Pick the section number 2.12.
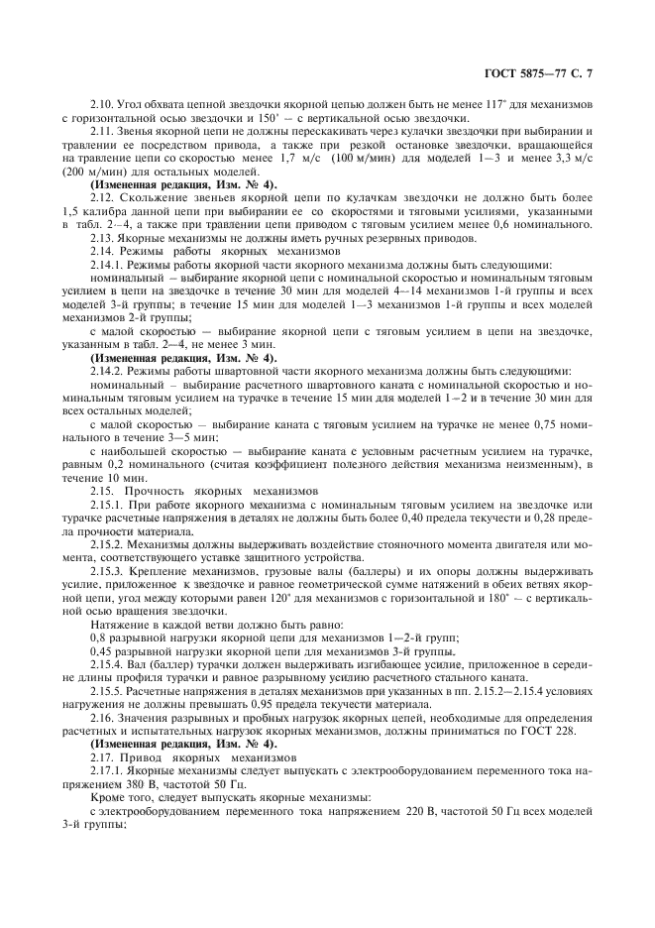[103, 198]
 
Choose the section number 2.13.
[103, 239]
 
